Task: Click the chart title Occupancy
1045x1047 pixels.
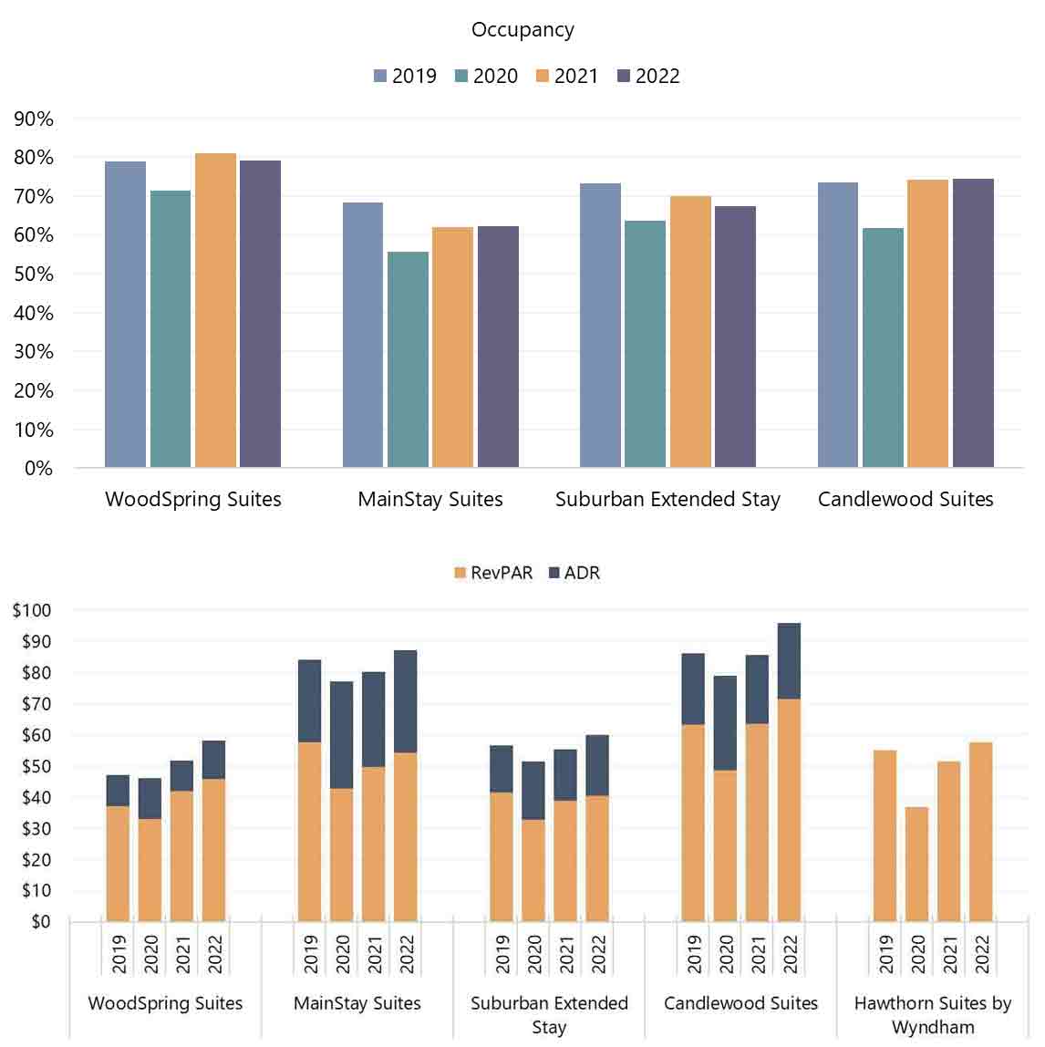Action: click(x=522, y=29)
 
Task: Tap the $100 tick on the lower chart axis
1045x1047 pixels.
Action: click(x=32, y=610)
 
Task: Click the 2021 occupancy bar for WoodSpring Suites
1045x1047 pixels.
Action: click(x=215, y=310)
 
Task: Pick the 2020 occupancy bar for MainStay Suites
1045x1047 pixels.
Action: click(x=408, y=359)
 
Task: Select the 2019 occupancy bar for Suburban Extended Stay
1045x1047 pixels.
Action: click(x=600, y=326)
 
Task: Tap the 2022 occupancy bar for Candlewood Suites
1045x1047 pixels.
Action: click(x=973, y=323)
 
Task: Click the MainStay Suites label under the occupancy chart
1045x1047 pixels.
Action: click(x=430, y=499)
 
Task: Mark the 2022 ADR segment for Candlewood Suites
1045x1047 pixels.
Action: click(x=789, y=661)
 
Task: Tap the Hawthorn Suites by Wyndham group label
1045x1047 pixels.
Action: click(x=933, y=1014)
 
